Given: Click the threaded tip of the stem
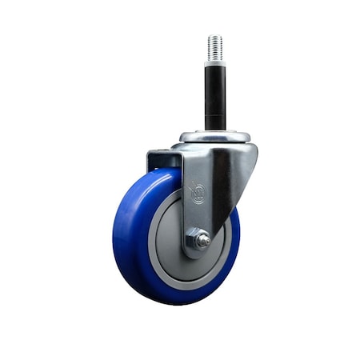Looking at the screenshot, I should coord(214,46).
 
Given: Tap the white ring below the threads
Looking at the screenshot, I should coord(214,63).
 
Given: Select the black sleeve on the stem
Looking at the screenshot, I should coord(214,96).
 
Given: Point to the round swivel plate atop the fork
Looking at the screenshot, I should coord(214,136).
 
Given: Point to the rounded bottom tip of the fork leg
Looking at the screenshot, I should coord(193,255).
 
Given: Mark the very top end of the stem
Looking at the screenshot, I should coord(214,35).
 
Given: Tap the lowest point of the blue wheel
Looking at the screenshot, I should coord(172,305).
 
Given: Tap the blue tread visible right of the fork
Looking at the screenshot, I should coord(233,240).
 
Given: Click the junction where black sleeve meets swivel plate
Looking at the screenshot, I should coord(214,131).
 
